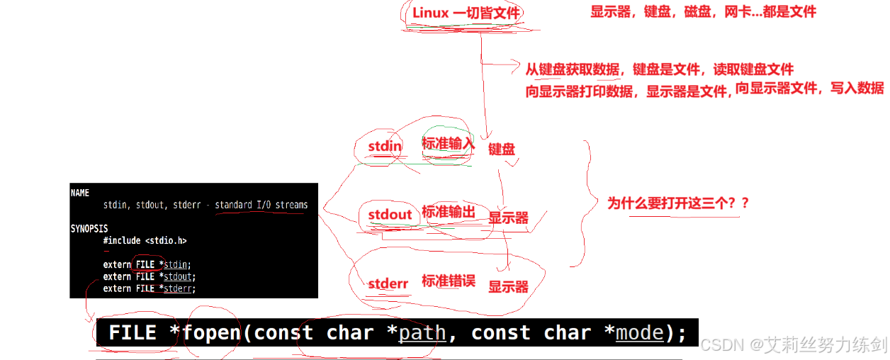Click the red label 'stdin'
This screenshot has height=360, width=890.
[385, 147]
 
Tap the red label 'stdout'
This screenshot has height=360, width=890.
[390, 214]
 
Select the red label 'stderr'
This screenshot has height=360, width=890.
[388, 284]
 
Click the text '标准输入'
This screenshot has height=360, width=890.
[448, 144]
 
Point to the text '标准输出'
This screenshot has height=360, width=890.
[448, 212]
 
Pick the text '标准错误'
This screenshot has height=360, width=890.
[448, 281]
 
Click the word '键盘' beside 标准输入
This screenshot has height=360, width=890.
[502, 149]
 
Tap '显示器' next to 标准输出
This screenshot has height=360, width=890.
[508, 218]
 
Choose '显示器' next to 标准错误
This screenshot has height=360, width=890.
[508, 286]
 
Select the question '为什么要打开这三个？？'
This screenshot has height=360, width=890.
[678, 203]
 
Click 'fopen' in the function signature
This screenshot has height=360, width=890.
[212, 333]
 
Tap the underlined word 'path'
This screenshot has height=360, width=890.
[422, 333]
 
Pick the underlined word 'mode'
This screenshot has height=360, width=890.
[640, 333]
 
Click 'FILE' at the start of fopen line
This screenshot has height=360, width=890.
[133, 333]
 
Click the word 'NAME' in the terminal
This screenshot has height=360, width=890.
[80, 193]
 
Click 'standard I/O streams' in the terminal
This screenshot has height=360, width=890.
[261, 205]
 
